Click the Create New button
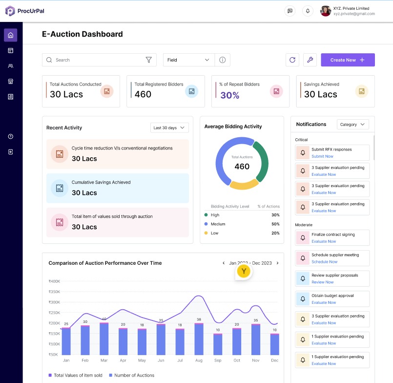[x=348, y=60]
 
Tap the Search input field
[x=98, y=60]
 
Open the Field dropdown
[x=188, y=60]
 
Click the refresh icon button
[x=292, y=60]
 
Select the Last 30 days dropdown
[x=169, y=128]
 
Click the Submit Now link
[x=322, y=156]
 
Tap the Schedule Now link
[x=324, y=262]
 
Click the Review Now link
[x=323, y=282]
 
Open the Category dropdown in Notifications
[x=352, y=125]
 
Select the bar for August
[x=199, y=339]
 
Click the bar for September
[x=218, y=344]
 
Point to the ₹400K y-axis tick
[x=54, y=281]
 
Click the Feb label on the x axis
[x=85, y=361]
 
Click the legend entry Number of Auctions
[x=131, y=375]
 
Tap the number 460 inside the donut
[x=242, y=167]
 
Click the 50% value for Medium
[x=275, y=224]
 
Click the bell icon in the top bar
[x=308, y=11]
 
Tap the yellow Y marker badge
[x=244, y=271]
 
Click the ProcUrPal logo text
[x=32, y=11]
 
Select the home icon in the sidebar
[x=11, y=35]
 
